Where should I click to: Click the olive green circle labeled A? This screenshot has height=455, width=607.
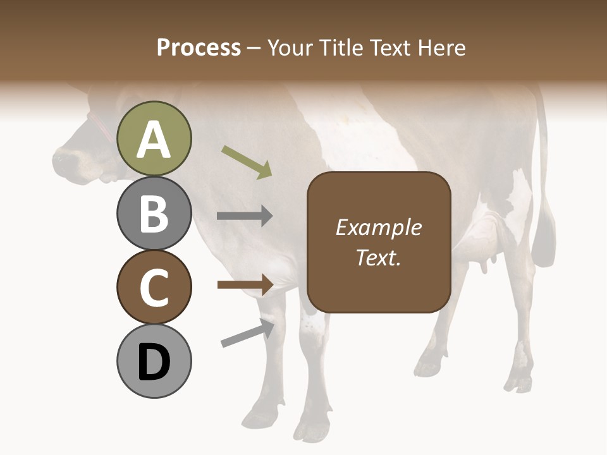(x=154, y=138)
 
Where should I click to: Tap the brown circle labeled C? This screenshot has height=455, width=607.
(x=154, y=287)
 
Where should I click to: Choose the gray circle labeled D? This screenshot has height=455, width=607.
(x=154, y=361)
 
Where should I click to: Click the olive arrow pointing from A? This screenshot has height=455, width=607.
(x=247, y=162)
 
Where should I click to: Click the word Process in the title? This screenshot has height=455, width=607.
(x=199, y=48)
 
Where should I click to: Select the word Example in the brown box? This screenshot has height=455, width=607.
(x=378, y=227)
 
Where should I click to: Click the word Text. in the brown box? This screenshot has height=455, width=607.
(x=378, y=257)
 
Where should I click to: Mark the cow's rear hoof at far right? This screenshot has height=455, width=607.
(x=520, y=382)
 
